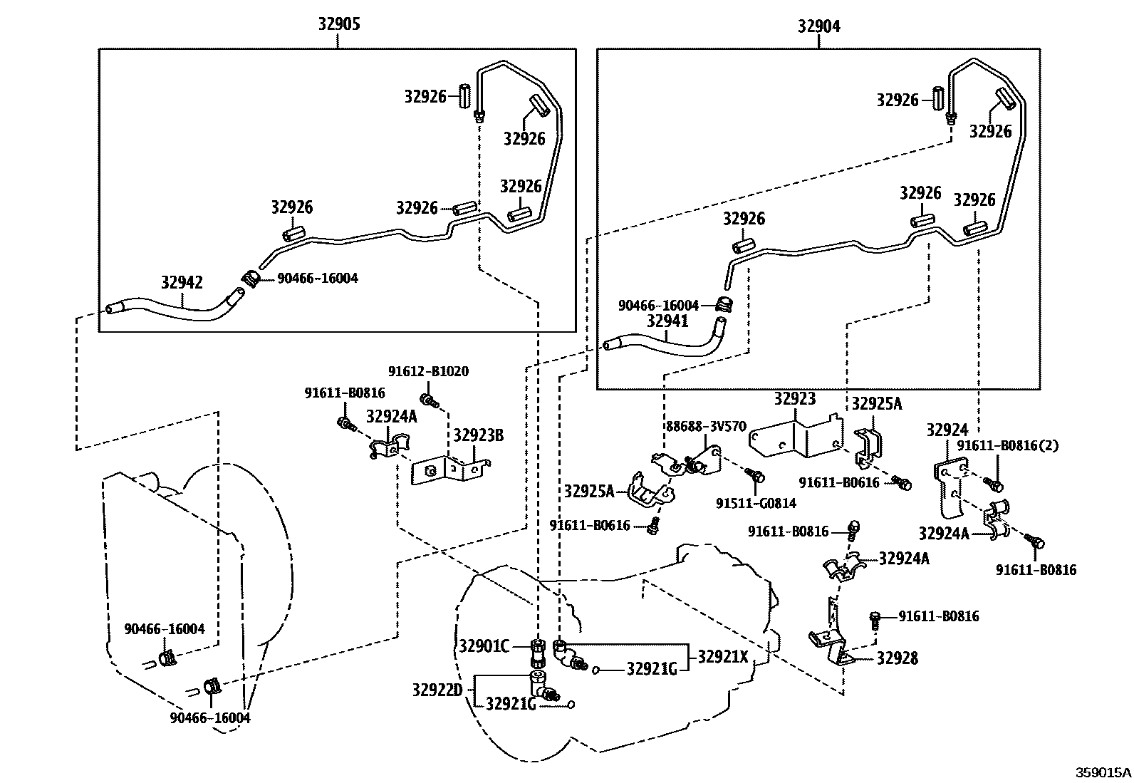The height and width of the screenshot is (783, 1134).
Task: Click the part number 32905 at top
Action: (x=338, y=24)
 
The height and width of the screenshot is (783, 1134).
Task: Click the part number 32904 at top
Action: (x=818, y=26)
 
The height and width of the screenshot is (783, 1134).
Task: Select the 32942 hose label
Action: (x=182, y=282)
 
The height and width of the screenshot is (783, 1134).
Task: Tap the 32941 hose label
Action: (x=667, y=321)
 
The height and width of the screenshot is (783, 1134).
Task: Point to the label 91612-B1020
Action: (x=428, y=371)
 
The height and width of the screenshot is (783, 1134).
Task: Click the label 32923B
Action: (x=478, y=435)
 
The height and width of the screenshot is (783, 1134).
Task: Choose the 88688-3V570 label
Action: (x=706, y=427)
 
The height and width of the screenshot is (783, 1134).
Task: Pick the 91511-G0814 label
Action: (x=756, y=503)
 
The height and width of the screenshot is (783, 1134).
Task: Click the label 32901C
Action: (x=484, y=646)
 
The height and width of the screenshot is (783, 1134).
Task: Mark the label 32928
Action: (x=897, y=658)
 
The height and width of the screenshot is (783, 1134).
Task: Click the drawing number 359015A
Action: (x=1103, y=772)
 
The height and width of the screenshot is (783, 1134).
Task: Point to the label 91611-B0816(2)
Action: (x=1007, y=445)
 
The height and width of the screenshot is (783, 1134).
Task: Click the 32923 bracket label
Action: (x=794, y=399)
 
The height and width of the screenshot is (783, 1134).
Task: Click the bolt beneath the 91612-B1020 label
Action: (x=427, y=398)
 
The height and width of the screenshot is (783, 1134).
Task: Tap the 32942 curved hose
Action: (x=171, y=311)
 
